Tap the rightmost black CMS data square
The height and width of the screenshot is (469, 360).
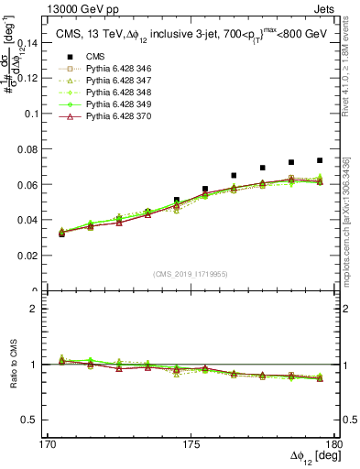[x=320, y=160]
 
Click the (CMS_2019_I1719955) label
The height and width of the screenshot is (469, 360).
[x=191, y=273]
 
